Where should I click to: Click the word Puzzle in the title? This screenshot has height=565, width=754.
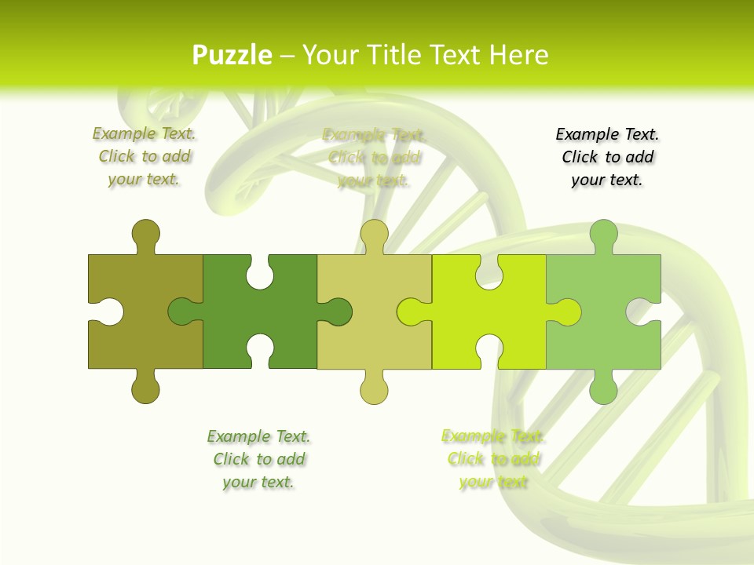click(x=232, y=56)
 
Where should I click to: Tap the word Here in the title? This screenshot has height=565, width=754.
click(x=518, y=56)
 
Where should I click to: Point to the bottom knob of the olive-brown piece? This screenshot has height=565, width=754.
click(x=145, y=389)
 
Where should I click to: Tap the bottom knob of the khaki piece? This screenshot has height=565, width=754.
click(x=374, y=389)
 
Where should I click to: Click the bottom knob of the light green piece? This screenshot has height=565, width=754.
click(x=603, y=389)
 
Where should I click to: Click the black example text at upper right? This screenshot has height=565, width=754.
click(x=607, y=157)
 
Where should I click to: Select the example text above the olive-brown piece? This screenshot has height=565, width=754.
click(x=145, y=156)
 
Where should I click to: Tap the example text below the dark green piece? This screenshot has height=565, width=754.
click(x=258, y=459)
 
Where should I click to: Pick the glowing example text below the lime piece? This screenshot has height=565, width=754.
click(x=493, y=459)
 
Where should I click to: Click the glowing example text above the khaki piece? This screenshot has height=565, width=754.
click(x=374, y=158)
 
